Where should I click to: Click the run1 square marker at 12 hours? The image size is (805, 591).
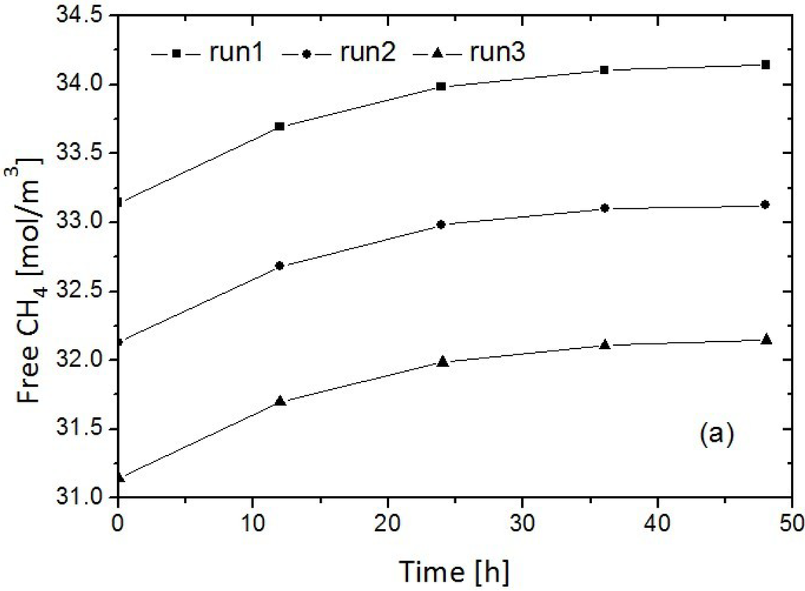point(280,126)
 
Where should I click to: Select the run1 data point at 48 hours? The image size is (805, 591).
point(766,64)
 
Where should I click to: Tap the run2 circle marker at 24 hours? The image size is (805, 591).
point(442,225)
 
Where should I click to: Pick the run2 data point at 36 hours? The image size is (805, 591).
point(605,208)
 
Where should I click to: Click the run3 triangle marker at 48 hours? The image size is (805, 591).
point(766,339)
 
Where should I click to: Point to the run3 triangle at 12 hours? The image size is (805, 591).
point(280,401)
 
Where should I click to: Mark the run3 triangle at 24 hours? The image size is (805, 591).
point(442,361)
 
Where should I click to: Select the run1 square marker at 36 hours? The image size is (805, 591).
point(605,70)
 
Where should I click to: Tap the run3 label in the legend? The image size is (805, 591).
point(497,53)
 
